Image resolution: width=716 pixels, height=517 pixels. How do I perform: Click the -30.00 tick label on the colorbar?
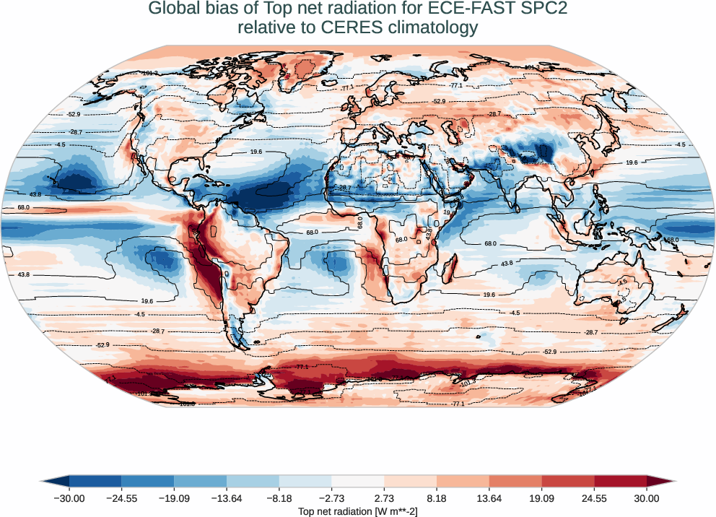pos(69,498)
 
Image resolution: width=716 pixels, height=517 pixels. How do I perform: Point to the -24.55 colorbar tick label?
pos(121,498)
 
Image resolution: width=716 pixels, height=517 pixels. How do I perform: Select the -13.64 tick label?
pos(227,498)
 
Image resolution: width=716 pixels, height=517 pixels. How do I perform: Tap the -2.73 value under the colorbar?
pos(331,498)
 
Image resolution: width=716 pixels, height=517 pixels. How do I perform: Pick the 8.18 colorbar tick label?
pos(437,498)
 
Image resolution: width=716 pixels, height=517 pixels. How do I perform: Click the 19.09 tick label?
pos(541,498)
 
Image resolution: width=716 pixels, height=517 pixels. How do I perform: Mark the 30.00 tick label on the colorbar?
pos(647,498)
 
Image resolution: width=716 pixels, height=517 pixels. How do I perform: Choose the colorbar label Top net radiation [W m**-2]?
pos(358,511)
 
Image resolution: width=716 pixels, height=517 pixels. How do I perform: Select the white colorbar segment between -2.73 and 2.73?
pos(358,480)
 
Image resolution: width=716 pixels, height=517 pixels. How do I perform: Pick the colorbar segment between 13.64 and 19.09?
pos(515,480)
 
